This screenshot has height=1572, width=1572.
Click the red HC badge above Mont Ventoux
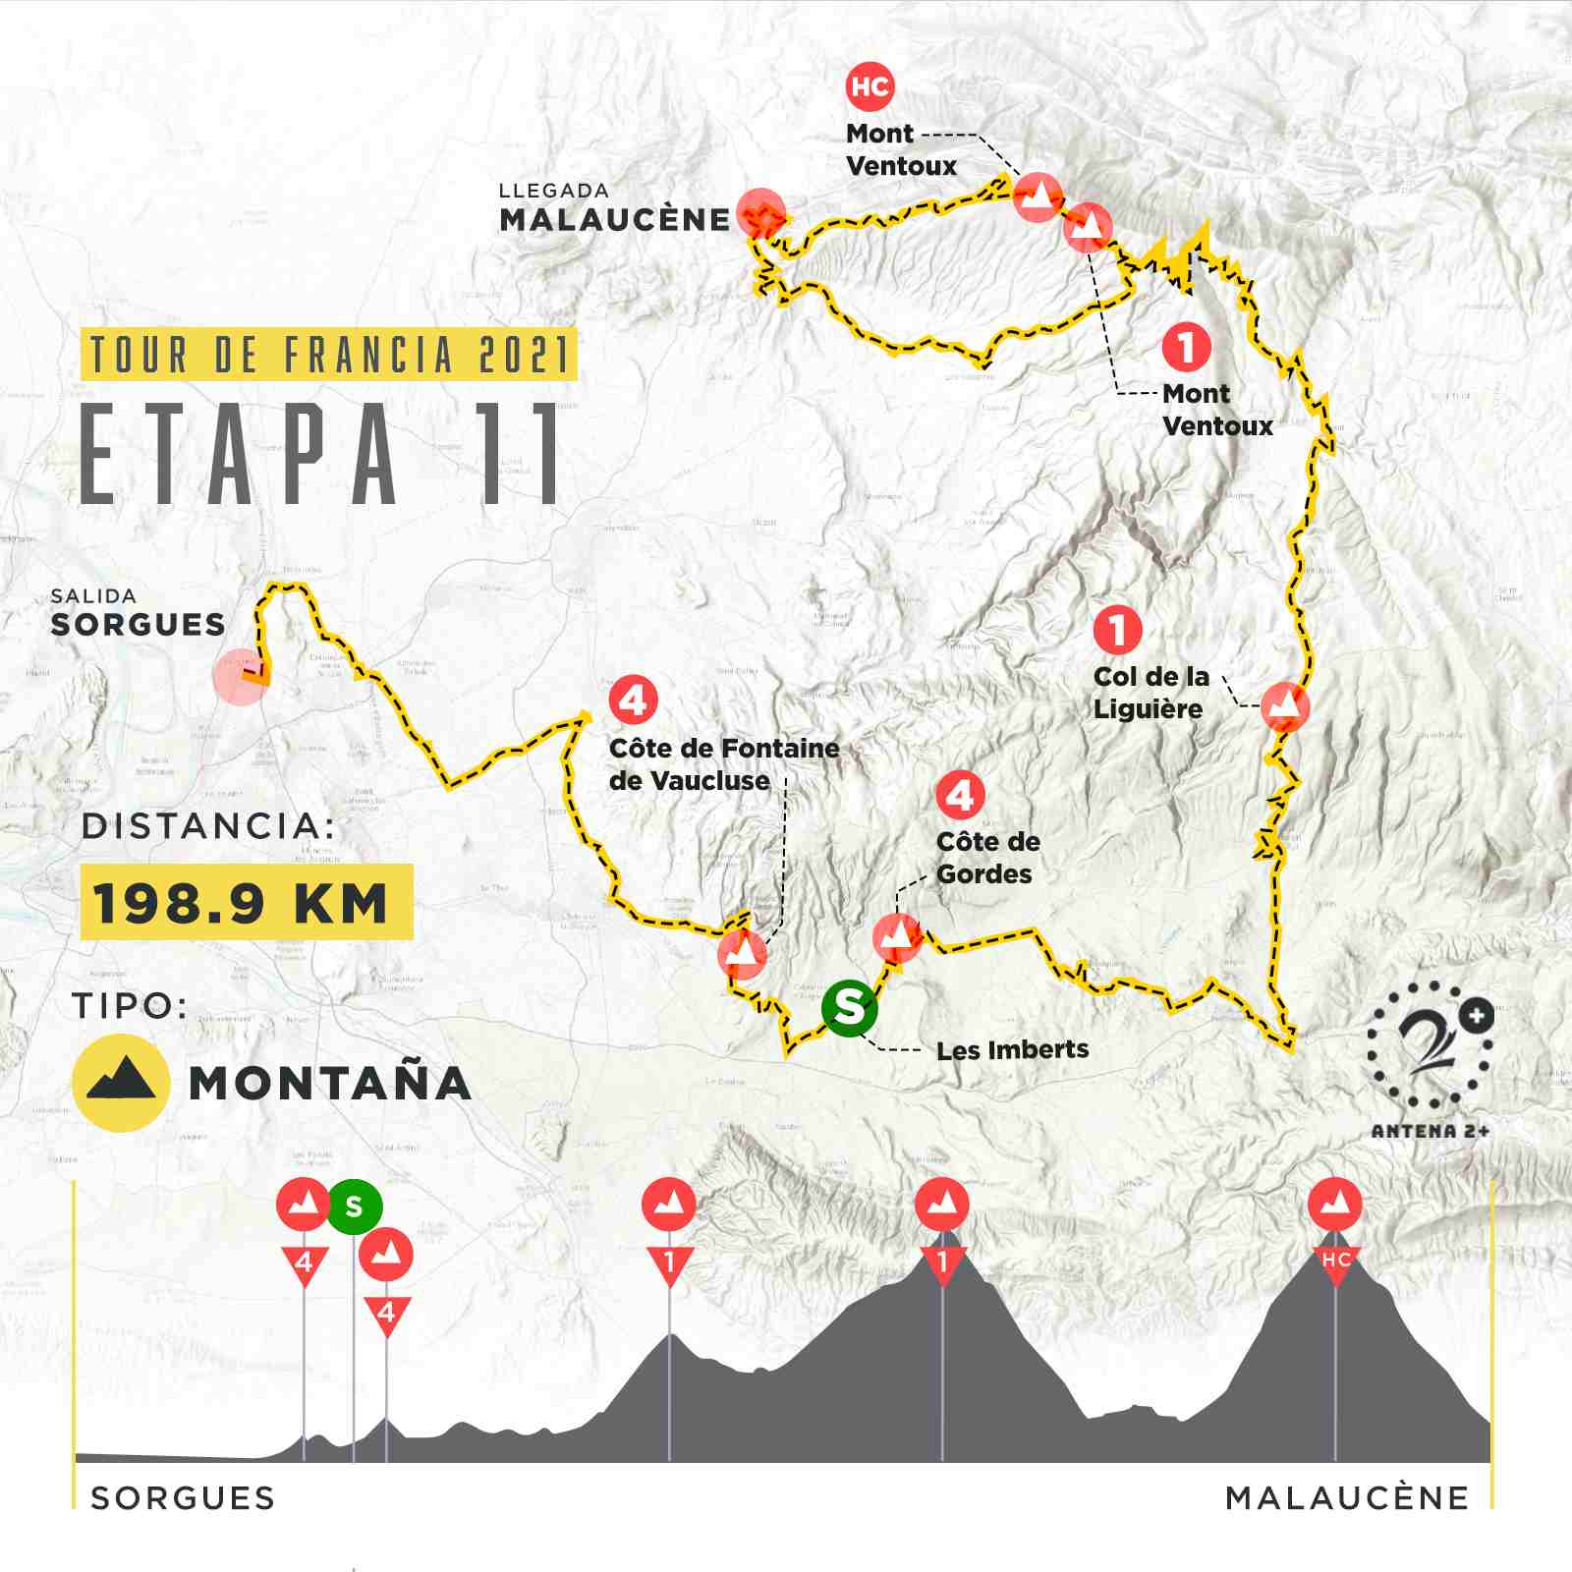click(870, 86)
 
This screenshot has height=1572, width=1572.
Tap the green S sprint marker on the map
click(849, 1006)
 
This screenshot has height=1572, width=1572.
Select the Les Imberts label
click(1012, 1049)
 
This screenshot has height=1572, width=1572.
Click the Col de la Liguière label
click(1151, 693)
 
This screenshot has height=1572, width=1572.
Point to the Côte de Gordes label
click(987, 857)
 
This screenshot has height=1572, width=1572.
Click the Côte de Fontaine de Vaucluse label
click(723, 764)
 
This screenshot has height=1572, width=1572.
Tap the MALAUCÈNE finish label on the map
click(615, 219)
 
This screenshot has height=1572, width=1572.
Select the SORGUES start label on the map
click(138, 624)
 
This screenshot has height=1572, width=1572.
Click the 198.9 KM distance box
click(246, 902)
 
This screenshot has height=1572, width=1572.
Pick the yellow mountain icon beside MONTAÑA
click(121, 1082)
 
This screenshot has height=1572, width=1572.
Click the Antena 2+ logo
click(1432, 1056)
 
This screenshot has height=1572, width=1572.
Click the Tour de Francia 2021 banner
click(328, 355)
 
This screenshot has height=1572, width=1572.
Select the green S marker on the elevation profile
click(354, 1207)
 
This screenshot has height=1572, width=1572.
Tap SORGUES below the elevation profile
click(183, 1497)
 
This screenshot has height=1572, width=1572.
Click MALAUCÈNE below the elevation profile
click(1347, 1497)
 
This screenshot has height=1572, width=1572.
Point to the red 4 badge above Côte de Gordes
click(960, 795)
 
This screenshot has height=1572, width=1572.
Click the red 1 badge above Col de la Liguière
click(1117, 629)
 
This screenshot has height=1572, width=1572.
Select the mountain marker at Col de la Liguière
click(1285, 705)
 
